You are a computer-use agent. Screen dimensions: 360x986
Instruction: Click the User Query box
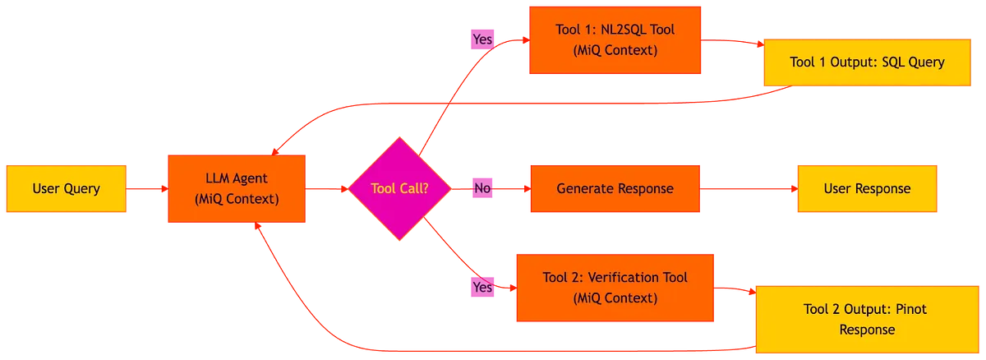tap(67, 189)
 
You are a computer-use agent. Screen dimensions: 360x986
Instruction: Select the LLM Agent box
tap(237, 189)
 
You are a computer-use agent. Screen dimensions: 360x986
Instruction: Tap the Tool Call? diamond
tap(399, 189)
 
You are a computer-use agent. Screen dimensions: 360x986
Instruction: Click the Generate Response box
tap(615, 189)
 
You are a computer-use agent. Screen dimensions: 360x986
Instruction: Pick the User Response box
tap(867, 189)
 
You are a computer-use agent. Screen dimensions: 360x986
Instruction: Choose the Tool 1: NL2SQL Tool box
tap(615, 39)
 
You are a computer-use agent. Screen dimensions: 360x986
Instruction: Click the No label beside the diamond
tap(482, 189)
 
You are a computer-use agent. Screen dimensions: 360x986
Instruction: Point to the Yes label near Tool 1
tap(481, 38)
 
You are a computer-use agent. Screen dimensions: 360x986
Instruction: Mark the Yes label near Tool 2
tap(482, 288)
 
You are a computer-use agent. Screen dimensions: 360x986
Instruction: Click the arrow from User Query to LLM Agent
tap(148, 189)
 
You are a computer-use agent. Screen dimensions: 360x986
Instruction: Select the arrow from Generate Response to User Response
tap(749, 189)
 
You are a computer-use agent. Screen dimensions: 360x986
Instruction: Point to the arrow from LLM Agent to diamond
tap(328, 189)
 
